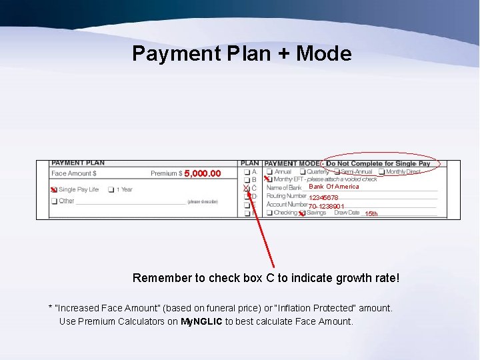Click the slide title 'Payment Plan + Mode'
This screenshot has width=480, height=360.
(x=241, y=53)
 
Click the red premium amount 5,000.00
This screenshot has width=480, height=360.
(x=202, y=174)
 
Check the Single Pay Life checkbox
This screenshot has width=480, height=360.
(x=54, y=190)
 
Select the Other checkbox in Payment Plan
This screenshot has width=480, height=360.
(x=54, y=201)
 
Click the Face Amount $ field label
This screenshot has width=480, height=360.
(x=74, y=174)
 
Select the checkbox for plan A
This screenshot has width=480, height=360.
(x=246, y=171)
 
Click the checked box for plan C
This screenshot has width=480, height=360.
(x=246, y=189)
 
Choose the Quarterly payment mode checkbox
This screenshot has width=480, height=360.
(x=301, y=171)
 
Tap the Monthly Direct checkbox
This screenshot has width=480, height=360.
(x=381, y=171)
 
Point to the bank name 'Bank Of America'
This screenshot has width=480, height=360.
(x=333, y=187)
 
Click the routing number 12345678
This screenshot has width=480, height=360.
(x=323, y=198)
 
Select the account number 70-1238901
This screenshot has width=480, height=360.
(x=326, y=207)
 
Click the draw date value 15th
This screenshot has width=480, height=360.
(x=371, y=214)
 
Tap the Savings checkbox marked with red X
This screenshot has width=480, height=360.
(x=301, y=213)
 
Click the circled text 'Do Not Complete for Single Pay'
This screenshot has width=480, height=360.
(x=379, y=163)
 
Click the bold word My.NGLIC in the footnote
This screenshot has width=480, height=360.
(x=201, y=321)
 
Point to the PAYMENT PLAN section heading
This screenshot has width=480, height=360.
(x=78, y=163)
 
